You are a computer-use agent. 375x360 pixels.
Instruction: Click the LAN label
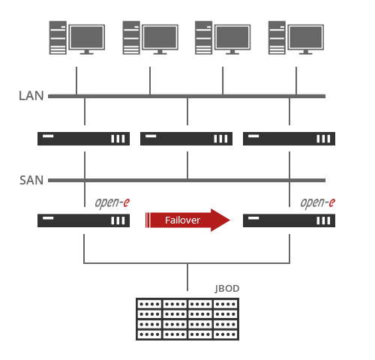coord(31,96)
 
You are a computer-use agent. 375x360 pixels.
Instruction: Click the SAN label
coord(31,180)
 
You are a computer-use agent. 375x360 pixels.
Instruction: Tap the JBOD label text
coord(227,289)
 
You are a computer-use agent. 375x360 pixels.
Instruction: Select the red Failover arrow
coord(187,220)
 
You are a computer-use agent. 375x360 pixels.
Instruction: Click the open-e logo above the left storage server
coord(112,202)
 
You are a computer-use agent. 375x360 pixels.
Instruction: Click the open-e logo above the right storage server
coord(318,202)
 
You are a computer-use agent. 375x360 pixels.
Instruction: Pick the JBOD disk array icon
coord(187,319)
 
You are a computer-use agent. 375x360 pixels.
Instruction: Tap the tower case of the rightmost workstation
coord(277,37)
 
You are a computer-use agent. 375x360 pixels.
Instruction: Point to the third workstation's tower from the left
coord(204,37)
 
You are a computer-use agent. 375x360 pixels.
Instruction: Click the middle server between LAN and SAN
coord(186,139)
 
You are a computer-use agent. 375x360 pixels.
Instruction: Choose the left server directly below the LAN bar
coord(83,139)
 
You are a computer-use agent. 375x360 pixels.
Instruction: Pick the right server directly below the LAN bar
coord(289,139)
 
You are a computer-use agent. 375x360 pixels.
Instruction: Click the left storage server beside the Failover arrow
coord(83,220)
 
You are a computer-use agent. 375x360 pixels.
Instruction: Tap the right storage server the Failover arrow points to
coord(289,220)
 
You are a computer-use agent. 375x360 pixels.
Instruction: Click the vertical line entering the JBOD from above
coord(187,277)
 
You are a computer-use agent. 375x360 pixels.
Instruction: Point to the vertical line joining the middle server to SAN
coord(187,165)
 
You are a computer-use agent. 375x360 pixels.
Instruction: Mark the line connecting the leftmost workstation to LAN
coord(76,80)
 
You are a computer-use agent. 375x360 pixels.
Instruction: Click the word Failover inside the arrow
coord(182,220)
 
